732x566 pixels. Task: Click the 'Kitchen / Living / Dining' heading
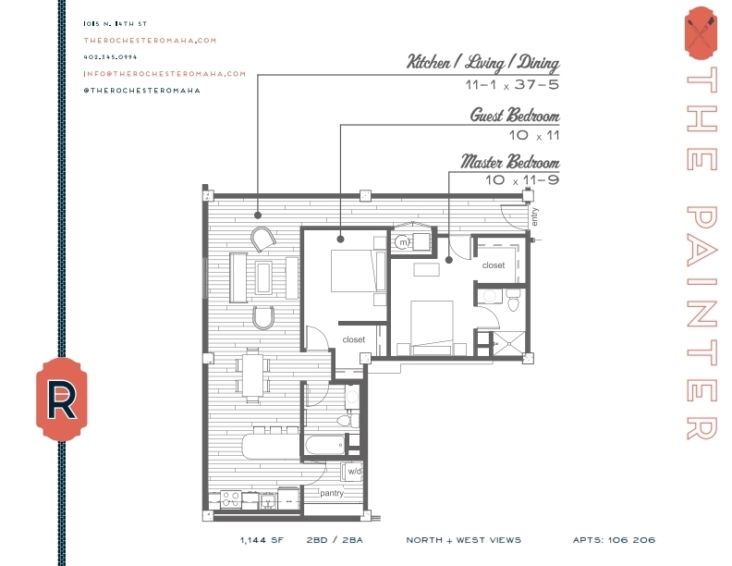point(483,63)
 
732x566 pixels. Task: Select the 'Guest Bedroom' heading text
point(514,116)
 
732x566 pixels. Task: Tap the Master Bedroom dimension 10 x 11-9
point(522,180)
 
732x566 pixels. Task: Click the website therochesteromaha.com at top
point(149,40)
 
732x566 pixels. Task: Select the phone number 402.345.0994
point(110,56)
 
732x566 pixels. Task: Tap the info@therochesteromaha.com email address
point(165,73)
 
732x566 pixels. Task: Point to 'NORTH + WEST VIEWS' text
point(463,540)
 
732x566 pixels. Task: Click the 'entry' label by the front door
point(534,216)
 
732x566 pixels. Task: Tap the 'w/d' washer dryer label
point(353,472)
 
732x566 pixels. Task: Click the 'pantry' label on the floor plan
point(332,493)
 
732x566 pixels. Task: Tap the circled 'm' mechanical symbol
point(403,243)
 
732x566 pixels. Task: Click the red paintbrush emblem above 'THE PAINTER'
point(700,31)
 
